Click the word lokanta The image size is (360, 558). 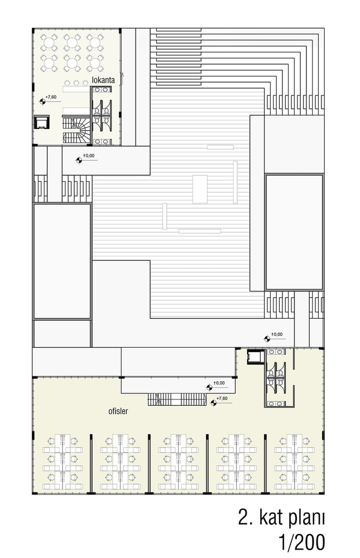(x=103, y=80)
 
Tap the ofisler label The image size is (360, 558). (x=118, y=411)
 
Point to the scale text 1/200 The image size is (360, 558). (x=302, y=543)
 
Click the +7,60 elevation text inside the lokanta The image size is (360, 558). (x=51, y=97)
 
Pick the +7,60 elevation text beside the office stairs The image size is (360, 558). (x=222, y=398)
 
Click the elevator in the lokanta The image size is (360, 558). (x=42, y=122)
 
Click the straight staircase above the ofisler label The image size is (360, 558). (x=177, y=400)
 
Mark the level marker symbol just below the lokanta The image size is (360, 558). (x=79, y=160)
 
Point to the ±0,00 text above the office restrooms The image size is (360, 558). (x=277, y=334)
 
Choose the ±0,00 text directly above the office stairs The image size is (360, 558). (x=219, y=383)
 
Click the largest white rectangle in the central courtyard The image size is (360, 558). (x=200, y=189)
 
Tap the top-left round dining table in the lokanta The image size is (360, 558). (x=49, y=43)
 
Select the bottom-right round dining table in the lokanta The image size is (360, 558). (x=95, y=63)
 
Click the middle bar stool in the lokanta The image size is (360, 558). (x=76, y=83)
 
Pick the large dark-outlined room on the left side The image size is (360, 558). (x=62, y=261)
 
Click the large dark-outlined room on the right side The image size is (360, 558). (x=295, y=232)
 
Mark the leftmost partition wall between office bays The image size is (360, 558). (x=91, y=464)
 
